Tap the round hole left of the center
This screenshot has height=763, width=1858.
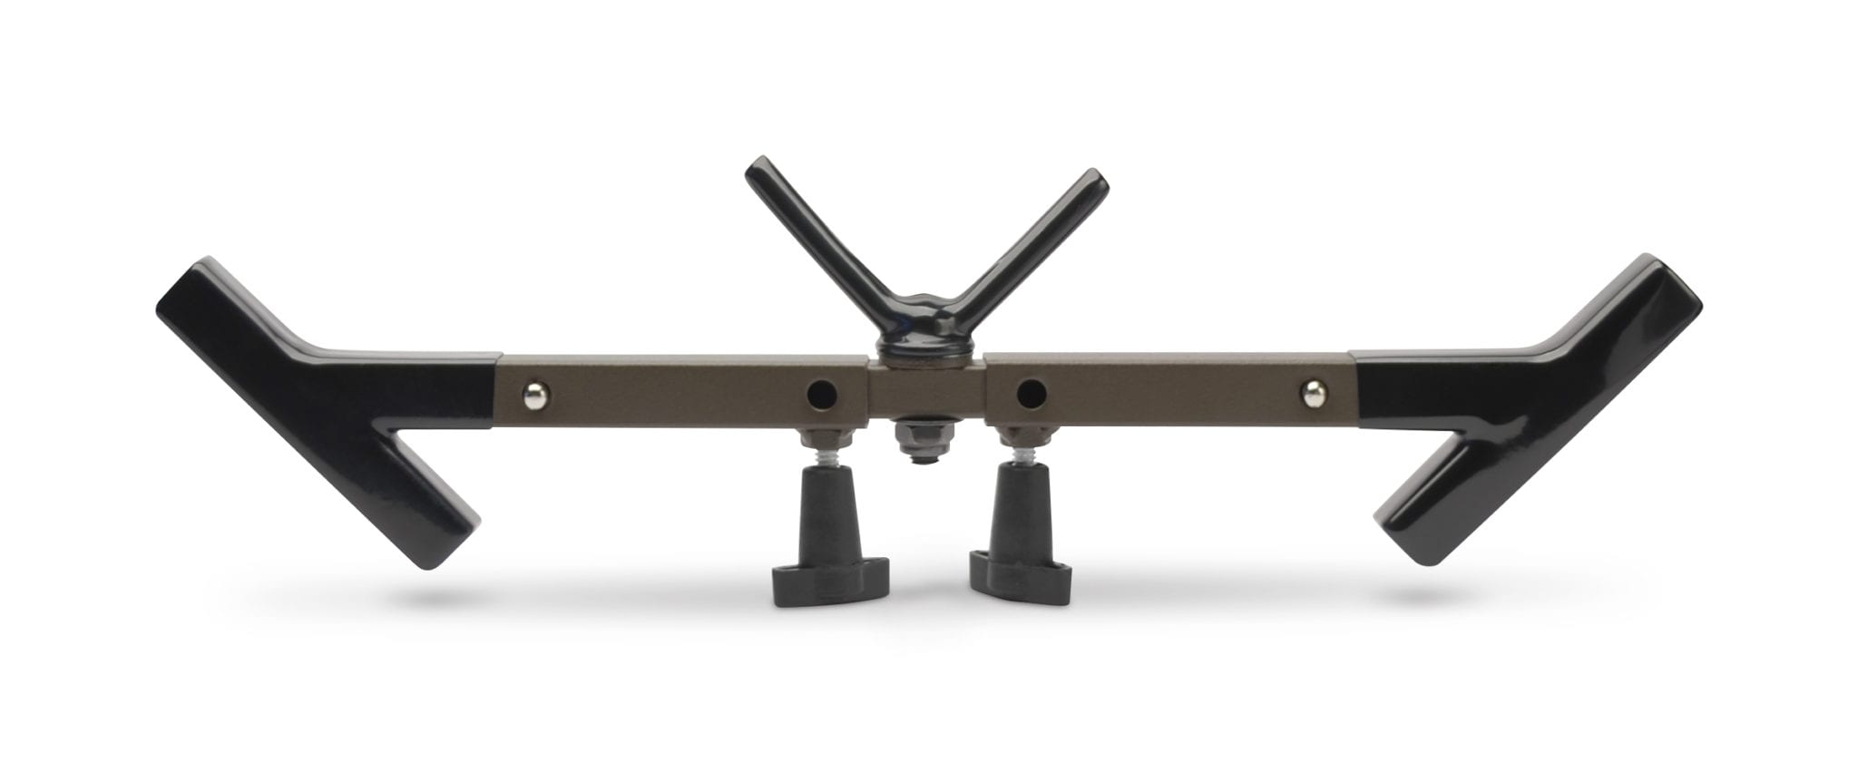pos(823,394)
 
